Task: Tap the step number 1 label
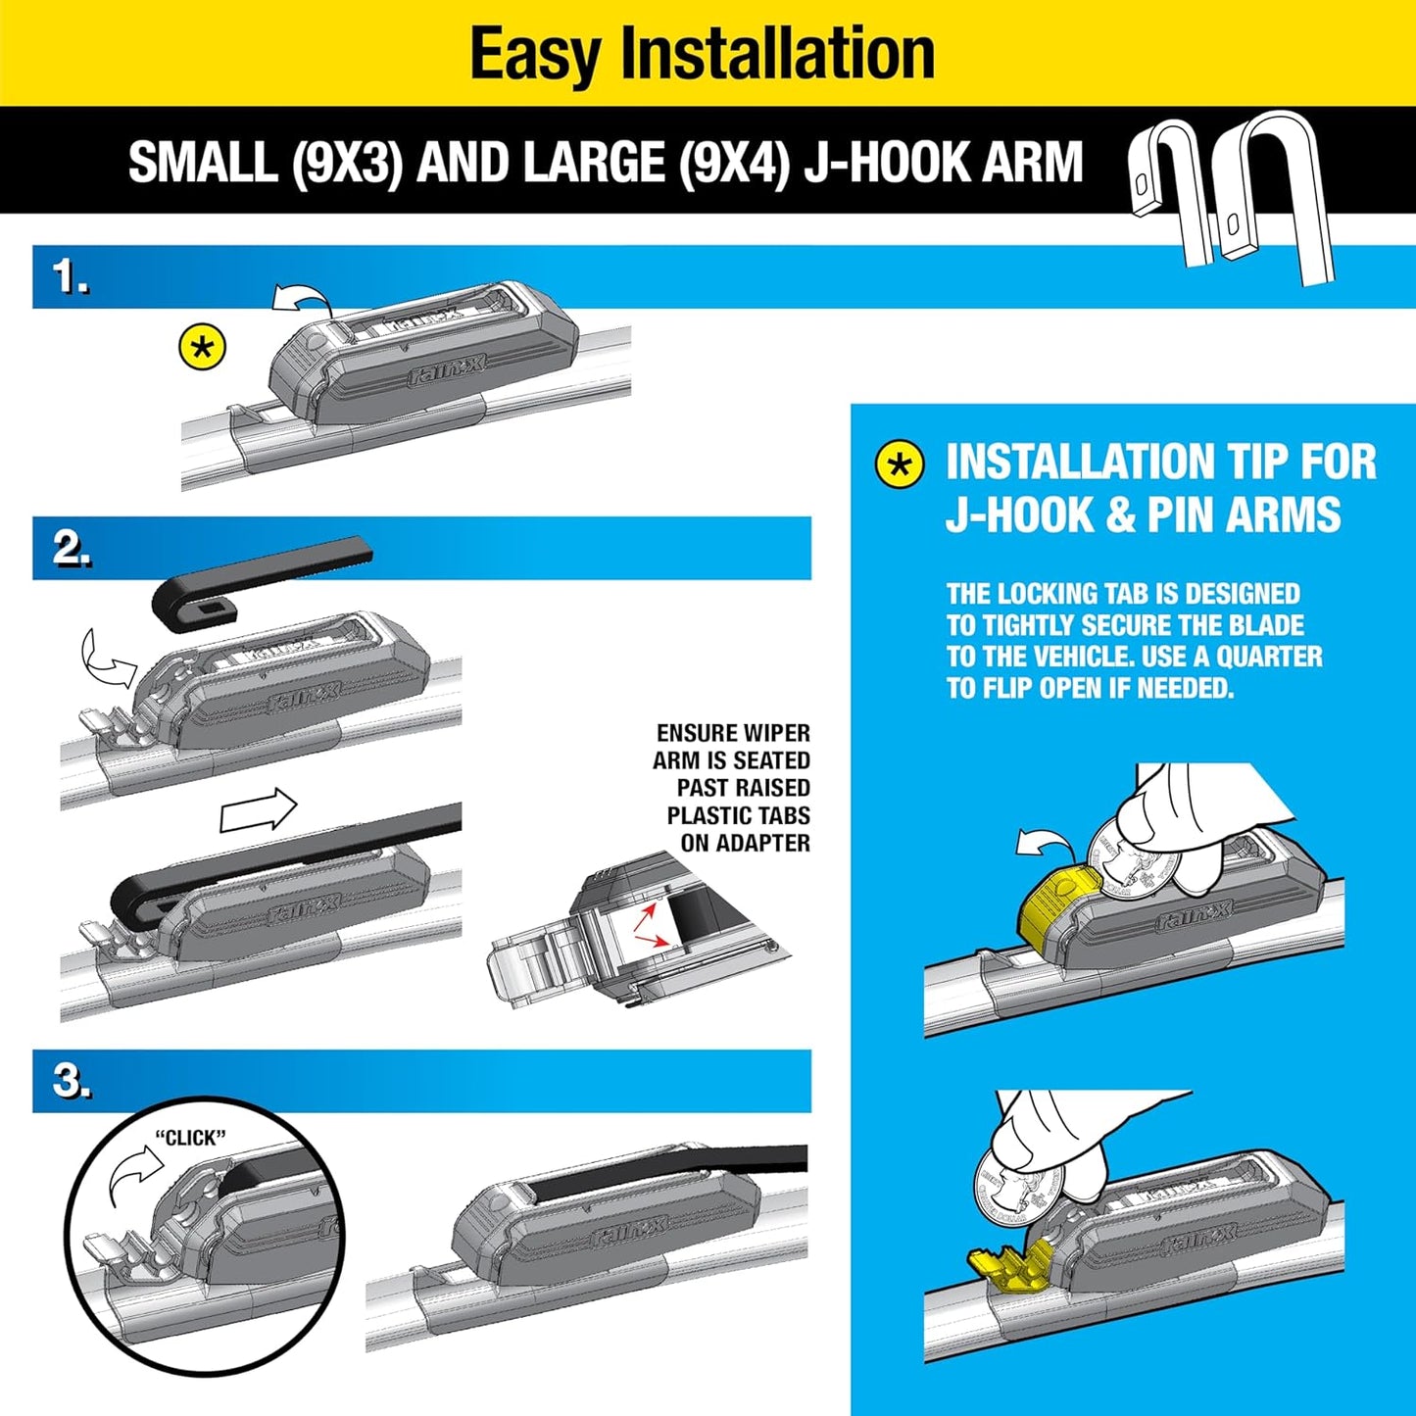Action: point(71,277)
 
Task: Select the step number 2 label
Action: point(73,549)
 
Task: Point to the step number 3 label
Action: point(73,1081)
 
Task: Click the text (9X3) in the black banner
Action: point(347,162)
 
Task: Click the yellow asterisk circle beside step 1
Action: point(203,348)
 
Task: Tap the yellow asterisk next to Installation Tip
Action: point(900,464)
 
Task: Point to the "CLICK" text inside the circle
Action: point(190,1138)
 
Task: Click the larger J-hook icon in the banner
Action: point(1274,196)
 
